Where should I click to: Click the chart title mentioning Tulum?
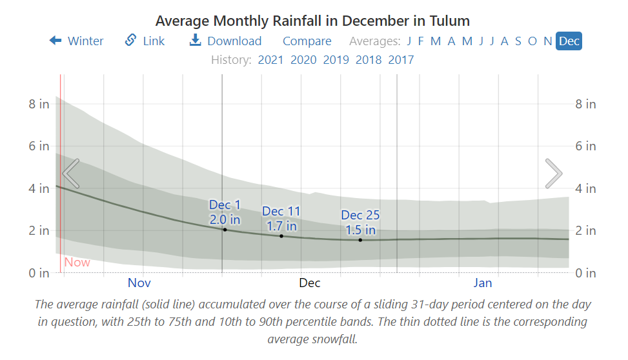(312, 21)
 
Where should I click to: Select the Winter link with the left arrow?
(77, 41)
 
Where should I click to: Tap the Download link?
(225, 41)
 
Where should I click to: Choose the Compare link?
(307, 41)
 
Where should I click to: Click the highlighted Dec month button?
(569, 41)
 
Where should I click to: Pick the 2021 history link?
(270, 60)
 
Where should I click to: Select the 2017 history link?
(401, 60)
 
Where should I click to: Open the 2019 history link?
(336, 60)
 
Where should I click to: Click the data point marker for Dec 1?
(225, 230)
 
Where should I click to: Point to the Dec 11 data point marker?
(281, 236)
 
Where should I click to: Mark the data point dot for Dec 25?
(360, 240)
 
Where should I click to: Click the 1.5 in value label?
(360, 230)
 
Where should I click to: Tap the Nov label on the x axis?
(139, 283)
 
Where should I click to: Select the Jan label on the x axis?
(483, 283)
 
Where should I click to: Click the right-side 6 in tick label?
(585, 146)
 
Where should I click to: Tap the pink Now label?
(77, 263)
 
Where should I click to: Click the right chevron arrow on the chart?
(553, 174)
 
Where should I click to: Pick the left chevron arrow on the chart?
(71, 174)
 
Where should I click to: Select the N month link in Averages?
(547, 41)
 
